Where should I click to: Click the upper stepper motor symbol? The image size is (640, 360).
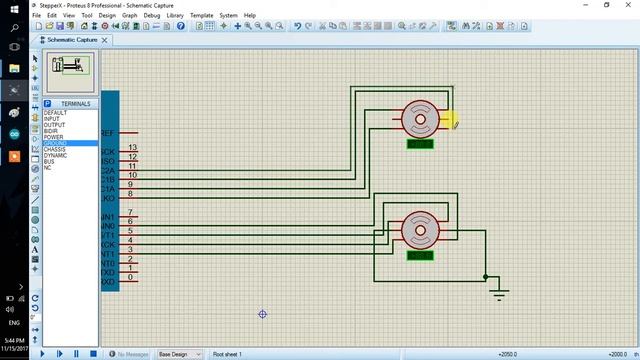pos(420,119)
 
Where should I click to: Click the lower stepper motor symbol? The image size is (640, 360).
pos(420,231)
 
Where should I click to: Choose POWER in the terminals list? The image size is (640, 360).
pos(53,137)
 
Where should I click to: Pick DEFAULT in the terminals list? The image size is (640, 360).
pos(55,113)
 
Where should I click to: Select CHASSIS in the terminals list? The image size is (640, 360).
pos(55,149)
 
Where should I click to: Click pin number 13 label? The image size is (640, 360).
pos(132,148)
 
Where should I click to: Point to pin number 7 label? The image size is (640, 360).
pos(131,212)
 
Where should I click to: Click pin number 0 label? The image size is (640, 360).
pos(131,276)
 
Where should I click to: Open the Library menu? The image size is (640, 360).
pos(175,16)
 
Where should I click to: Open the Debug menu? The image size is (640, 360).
pos(151,16)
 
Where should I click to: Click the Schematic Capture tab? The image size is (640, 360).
pos(75,40)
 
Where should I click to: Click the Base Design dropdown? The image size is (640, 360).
pos(177,354)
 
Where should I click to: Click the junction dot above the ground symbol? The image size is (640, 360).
pos(486,277)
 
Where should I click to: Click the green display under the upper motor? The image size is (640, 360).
pos(420,144)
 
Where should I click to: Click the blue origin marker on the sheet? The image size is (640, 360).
pos(262,314)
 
